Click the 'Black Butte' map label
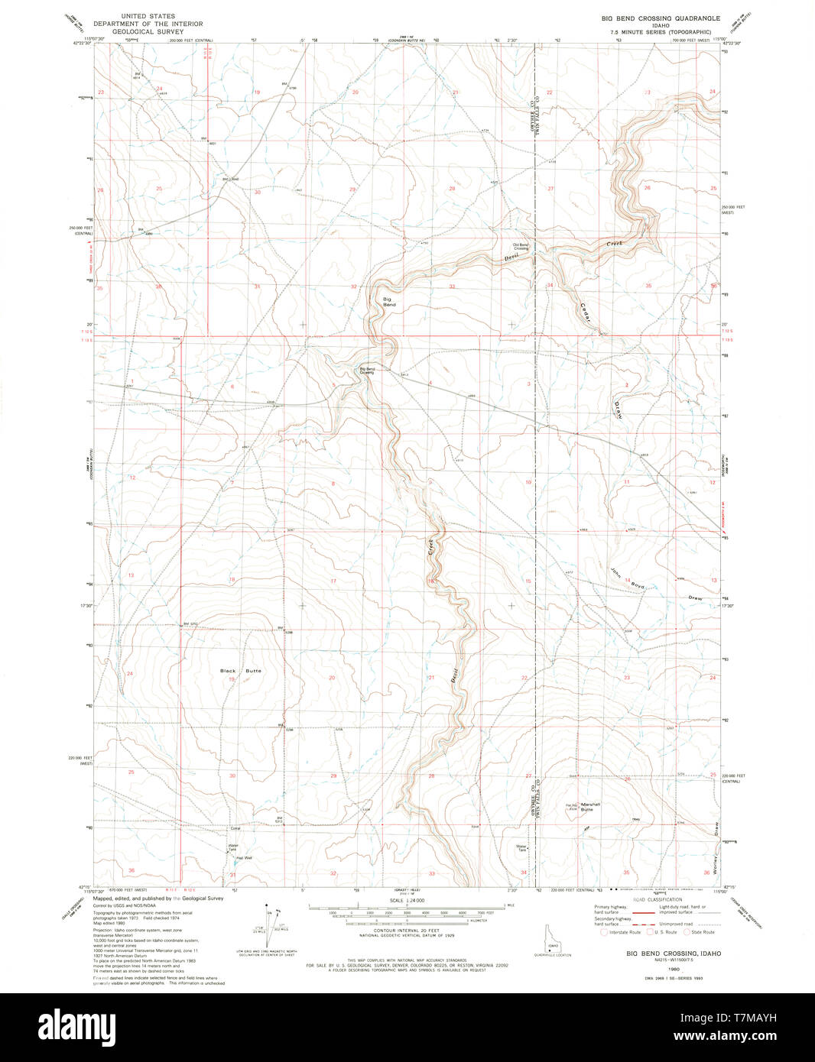point(241,671)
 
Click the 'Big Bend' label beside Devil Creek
point(388,302)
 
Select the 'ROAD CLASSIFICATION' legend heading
point(657,900)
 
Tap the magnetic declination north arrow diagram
point(268,922)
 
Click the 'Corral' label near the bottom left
point(235,828)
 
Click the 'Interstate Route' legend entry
point(621,932)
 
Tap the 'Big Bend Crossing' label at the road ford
point(368,371)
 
